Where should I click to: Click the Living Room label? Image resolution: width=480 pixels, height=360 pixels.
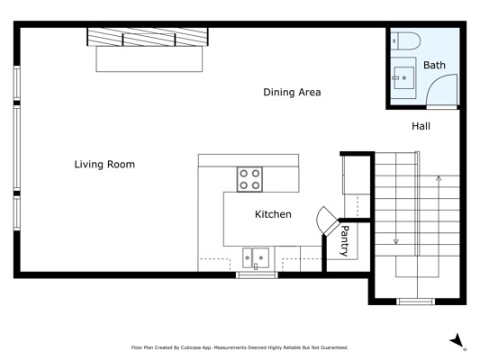(x=104, y=164)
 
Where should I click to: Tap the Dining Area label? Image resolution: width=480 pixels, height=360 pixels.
(x=292, y=92)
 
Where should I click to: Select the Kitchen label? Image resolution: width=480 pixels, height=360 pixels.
(x=273, y=214)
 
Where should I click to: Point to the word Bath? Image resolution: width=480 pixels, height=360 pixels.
(x=434, y=65)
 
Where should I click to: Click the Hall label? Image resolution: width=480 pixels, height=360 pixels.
(x=421, y=126)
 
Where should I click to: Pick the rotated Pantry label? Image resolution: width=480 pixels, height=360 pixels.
(x=345, y=240)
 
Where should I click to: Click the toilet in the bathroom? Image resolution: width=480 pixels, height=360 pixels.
(x=405, y=41)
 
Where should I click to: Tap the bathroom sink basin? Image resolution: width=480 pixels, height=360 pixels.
(x=403, y=77)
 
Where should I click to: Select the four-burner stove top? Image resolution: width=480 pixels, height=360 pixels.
(x=249, y=179)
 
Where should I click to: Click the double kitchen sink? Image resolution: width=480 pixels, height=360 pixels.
(x=256, y=257)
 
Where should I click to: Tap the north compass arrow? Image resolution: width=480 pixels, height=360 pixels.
(x=457, y=341)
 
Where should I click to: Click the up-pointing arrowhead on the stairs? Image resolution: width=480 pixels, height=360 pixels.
(x=439, y=178)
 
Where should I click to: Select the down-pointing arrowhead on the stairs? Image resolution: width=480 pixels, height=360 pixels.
(x=396, y=241)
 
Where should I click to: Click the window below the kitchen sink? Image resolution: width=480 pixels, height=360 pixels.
(x=257, y=274)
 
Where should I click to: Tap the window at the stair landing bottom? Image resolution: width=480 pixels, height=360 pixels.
(x=416, y=301)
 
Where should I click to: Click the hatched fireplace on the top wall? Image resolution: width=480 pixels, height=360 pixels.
(x=148, y=37)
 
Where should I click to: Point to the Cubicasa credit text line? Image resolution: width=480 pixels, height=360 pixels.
(x=240, y=347)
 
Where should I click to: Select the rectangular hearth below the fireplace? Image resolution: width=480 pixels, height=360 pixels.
(x=149, y=59)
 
